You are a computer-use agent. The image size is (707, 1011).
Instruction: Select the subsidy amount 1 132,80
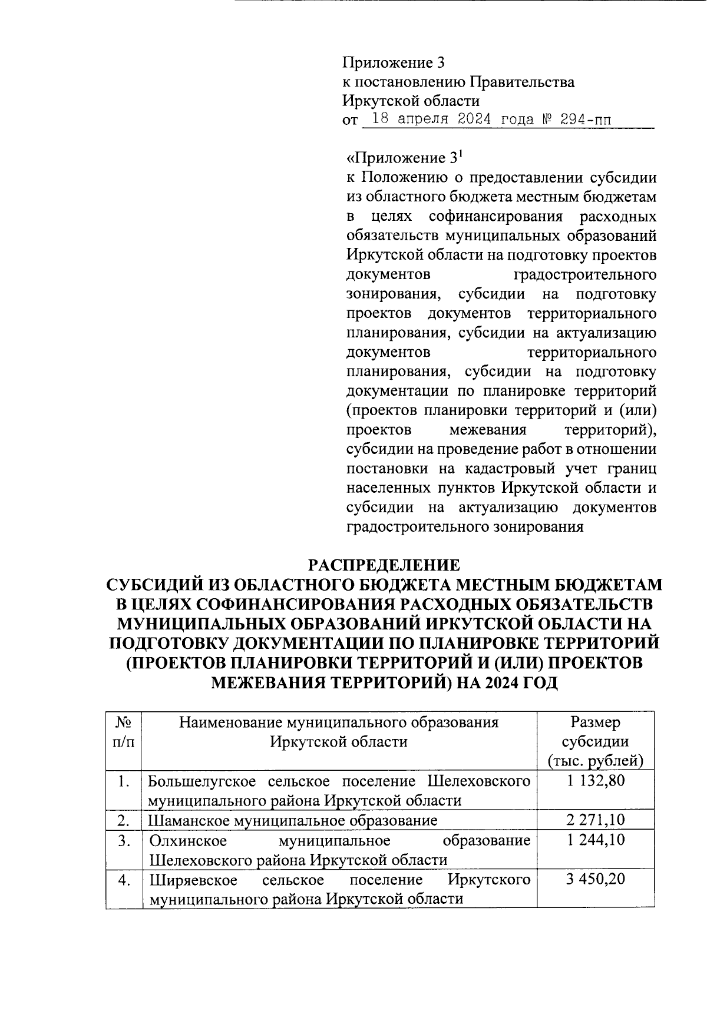tap(596, 781)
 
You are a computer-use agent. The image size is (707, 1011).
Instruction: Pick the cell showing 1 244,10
tap(596, 840)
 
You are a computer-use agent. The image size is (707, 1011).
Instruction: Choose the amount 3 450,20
tap(596, 879)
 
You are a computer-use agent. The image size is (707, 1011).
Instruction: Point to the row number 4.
tap(123, 880)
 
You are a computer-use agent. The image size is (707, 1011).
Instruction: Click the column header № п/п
tap(123, 732)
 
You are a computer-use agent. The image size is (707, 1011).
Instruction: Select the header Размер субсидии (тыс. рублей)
tap(596, 741)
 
